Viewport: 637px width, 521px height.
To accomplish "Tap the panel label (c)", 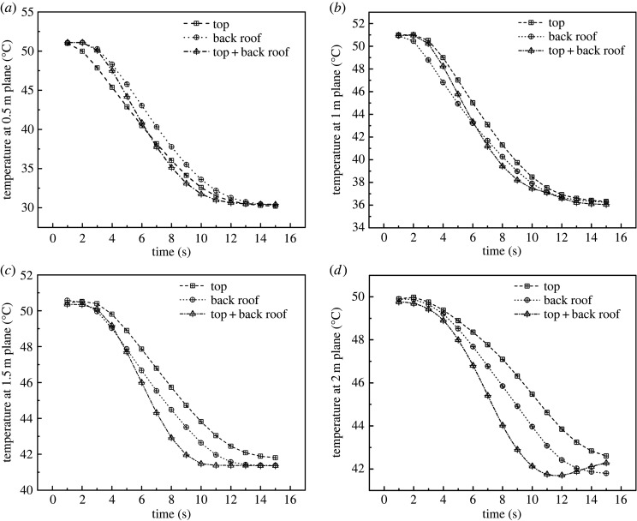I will pyautogui.click(x=9, y=272).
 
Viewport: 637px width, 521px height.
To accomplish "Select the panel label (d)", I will pyautogui.click(x=336, y=272).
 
